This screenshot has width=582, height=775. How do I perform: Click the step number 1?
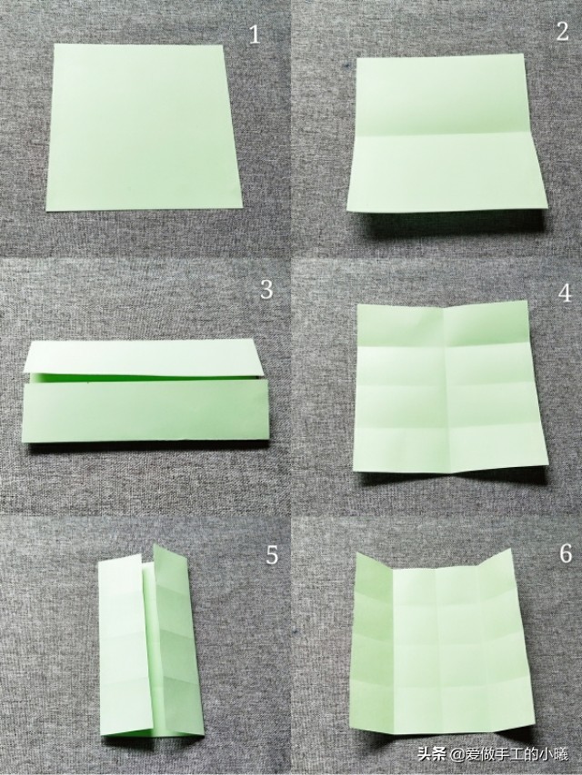click(254, 35)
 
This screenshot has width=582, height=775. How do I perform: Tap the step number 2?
click(562, 32)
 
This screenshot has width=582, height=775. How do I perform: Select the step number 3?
click(266, 290)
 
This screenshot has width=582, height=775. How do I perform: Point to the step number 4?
click(565, 293)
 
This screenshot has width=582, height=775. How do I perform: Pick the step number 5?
click(272, 555)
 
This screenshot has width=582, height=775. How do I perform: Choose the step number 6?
click(566, 553)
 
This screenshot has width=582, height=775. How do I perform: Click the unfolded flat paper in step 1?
click(144, 127)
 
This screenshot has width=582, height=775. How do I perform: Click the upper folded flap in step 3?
click(144, 357)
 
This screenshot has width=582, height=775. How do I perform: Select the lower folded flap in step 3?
click(145, 411)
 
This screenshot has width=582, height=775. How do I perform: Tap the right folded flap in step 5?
click(178, 641)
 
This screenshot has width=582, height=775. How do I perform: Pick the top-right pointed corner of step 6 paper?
click(510, 549)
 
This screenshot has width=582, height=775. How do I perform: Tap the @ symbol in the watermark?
click(456, 755)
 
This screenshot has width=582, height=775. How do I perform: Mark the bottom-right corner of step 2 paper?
click(547, 207)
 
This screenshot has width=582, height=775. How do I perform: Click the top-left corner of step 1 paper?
click(55, 44)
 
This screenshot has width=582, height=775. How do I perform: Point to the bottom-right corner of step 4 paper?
click(548, 463)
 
